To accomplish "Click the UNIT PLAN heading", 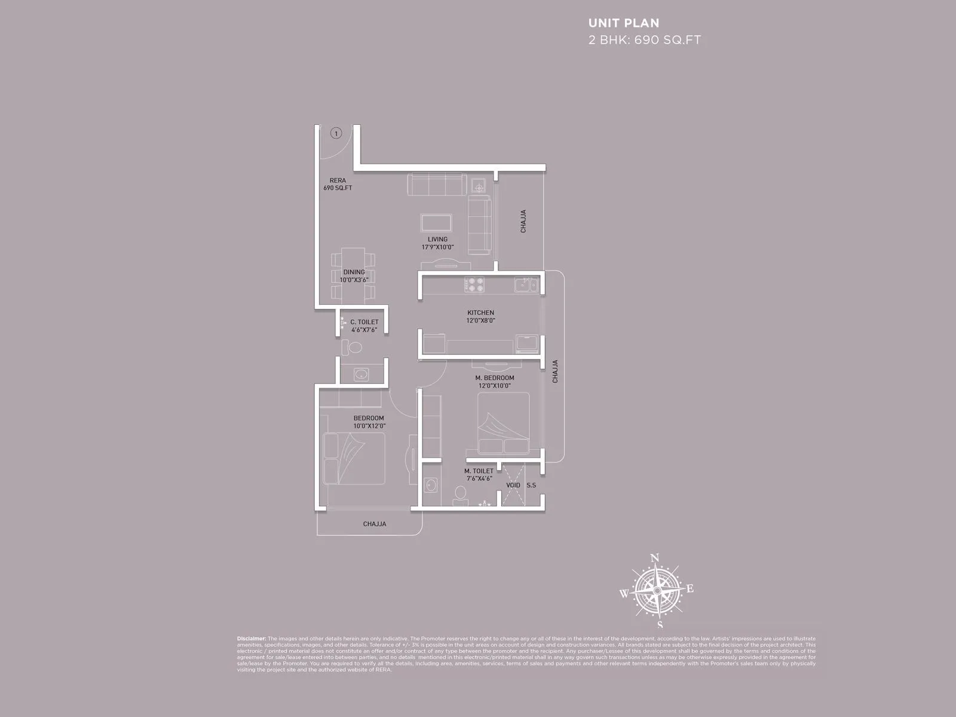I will tap(624, 23).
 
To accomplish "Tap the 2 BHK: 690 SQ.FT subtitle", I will tap(644, 41).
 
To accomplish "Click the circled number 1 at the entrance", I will tap(336, 133).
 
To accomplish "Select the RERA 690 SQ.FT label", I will tap(338, 184).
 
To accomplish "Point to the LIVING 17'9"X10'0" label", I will tap(437, 243).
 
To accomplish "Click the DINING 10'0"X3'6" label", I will tap(354, 275).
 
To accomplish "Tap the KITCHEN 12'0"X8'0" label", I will tap(480, 316).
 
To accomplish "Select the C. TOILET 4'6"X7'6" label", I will tap(364, 326).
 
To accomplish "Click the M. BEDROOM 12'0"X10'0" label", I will tap(494, 382).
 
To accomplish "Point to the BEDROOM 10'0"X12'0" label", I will tap(368, 422).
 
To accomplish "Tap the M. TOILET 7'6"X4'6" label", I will tap(479, 474).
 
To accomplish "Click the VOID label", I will tap(513, 485).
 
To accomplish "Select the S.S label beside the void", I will tap(531, 485).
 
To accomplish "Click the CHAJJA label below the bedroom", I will tap(374, 524).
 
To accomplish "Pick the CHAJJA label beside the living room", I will tap(523, 221).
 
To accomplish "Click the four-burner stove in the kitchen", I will tap(475, 284).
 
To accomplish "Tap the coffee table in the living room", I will tap(436, 223).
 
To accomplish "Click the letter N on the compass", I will tap(654, 558).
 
